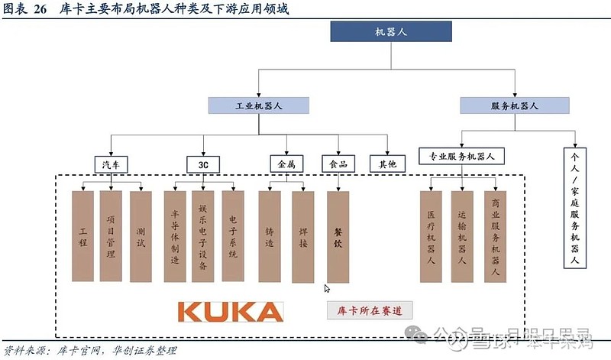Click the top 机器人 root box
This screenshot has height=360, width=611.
point(390,31)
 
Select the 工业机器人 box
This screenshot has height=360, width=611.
point(258,106)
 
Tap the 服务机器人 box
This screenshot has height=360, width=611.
point(514,106)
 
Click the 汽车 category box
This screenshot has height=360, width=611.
point(111,164)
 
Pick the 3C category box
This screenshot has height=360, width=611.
point(203,164)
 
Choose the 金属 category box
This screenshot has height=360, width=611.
point(286,164)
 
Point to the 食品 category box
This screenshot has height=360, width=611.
point(337,164)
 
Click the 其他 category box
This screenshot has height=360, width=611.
point(387,164)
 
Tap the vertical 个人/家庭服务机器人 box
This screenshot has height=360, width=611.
point(574,206)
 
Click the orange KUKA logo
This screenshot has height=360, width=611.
point(230,311)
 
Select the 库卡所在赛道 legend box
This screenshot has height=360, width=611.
point(370,310)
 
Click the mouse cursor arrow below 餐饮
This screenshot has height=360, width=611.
point(327,288)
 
